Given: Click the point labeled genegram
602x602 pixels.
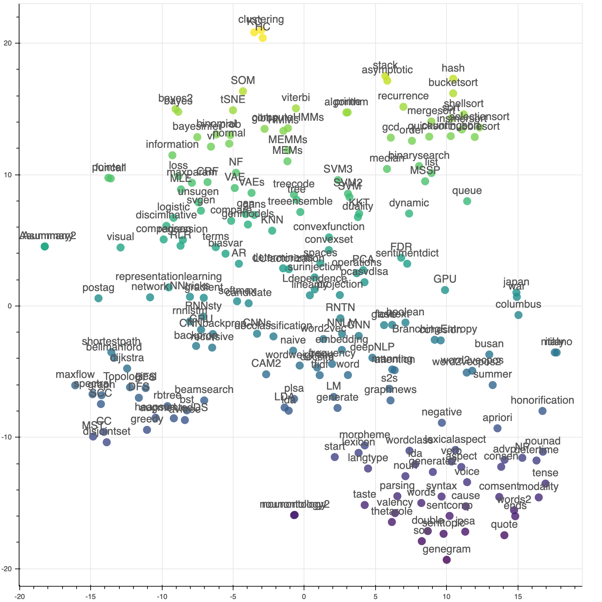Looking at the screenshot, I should [446, 560].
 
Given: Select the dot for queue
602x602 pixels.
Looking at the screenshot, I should [467, 201].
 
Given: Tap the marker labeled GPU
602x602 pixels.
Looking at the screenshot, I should [445, 290].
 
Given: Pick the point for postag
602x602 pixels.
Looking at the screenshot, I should [98, 298].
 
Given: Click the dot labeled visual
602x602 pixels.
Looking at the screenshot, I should [120, 247].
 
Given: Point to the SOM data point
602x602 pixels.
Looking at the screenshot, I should [243, 91].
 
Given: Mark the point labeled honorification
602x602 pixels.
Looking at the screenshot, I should [542, 411].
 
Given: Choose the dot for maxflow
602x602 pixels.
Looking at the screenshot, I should [75, 385].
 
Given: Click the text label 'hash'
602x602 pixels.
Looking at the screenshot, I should [453, 68].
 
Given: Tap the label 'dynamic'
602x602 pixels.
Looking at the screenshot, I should [409, 203].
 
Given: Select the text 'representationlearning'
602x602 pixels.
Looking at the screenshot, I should [169, 277].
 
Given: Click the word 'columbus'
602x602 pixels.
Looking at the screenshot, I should [518, 304].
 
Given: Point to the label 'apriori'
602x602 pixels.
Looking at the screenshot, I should [497, 418].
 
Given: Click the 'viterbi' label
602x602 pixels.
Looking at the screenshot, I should [296, 98].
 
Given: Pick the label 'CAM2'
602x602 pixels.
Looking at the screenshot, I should [266, 363].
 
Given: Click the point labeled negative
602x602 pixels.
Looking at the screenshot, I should [442, 423].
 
